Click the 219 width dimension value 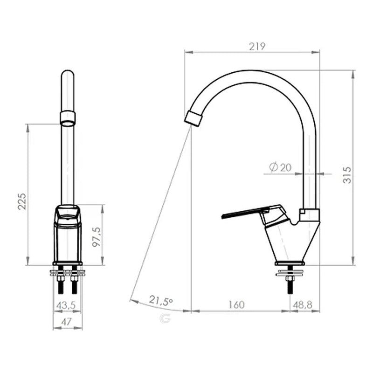[257, 46]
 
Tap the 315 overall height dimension [347, 175]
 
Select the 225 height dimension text [22, 201]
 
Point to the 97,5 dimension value [97, 237]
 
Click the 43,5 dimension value [66, 305]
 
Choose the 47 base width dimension [66, 322]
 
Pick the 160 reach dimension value [236, 305]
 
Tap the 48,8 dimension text [302, 305]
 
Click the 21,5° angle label [161, 300]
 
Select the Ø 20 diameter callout [280, 167]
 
